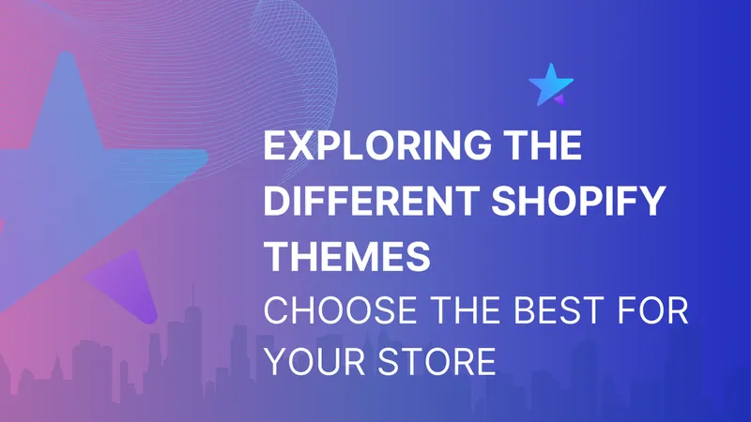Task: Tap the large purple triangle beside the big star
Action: click(128, 287)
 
